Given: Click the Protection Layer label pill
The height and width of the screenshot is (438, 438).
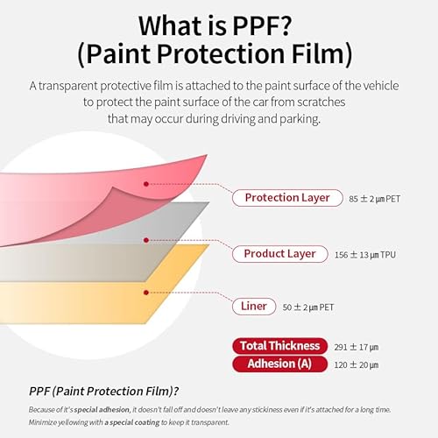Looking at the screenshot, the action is [x=287, y=198].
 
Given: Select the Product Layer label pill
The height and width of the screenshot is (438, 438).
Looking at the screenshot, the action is [x=280, y=254].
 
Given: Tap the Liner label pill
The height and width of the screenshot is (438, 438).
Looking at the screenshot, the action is [x=254, y=307].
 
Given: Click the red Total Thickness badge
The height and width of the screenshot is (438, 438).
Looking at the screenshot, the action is [x=280, y=346].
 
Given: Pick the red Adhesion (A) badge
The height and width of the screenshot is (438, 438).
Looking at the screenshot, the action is [x=280, y=364].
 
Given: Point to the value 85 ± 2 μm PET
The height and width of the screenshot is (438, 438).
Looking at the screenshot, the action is [x=374, y=199].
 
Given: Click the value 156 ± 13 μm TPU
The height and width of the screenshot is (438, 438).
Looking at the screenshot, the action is [x=365, y=255].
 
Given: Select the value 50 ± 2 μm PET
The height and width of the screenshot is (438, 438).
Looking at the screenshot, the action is [x=308, y=307].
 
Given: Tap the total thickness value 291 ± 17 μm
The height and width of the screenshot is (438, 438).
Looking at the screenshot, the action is [x=357, y=347].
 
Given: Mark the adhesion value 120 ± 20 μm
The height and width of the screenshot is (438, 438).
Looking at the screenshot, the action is [x=357, y=365].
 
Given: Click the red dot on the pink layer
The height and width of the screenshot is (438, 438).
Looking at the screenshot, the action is [x=146, y=184].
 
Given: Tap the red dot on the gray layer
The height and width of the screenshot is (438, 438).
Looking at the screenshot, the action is [x=146, y=240].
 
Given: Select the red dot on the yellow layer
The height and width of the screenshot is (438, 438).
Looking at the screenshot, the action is [x=146, y=293].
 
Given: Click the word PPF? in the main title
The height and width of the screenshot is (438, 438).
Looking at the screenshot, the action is [x=262, y=25].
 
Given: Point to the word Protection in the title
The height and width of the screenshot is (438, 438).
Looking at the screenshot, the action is [x=221, y=54].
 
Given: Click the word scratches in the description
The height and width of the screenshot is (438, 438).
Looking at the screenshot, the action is [x=321, y=102].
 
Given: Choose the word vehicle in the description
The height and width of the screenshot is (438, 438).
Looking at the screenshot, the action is [x=381, y=86].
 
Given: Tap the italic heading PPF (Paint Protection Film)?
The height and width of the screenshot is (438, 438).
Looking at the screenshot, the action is [x=103, y=392].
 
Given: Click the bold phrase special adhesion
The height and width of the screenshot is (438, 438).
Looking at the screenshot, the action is [x=102, y=410].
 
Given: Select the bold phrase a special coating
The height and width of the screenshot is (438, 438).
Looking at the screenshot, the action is [x=132, y=422].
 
